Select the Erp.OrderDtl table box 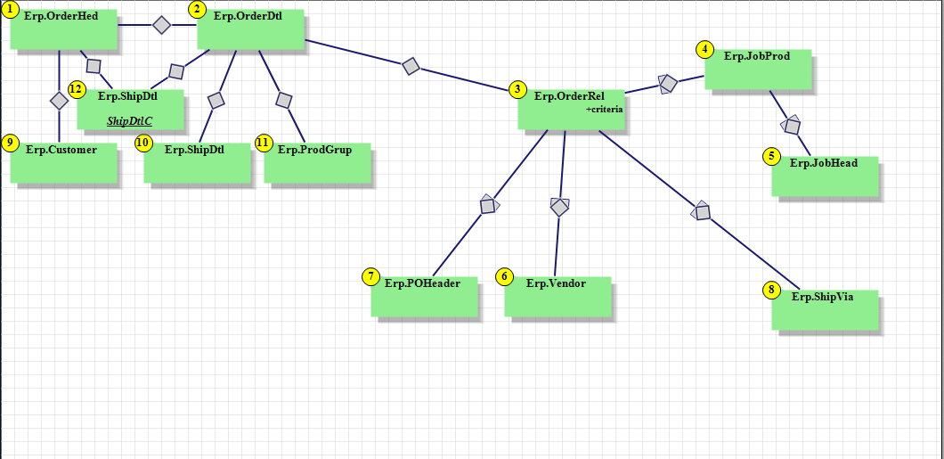250,29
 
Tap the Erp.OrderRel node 571,109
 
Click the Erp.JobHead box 825,176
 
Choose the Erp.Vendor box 557,296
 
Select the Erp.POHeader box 424,296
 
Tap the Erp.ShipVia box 825,309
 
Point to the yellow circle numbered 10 144,143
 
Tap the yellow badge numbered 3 517,89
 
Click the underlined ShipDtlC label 130,120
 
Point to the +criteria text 605,109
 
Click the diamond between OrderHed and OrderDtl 161,25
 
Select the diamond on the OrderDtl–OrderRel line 411,65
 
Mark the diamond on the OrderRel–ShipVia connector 702,211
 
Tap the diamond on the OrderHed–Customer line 59,101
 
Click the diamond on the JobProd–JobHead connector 792,126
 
